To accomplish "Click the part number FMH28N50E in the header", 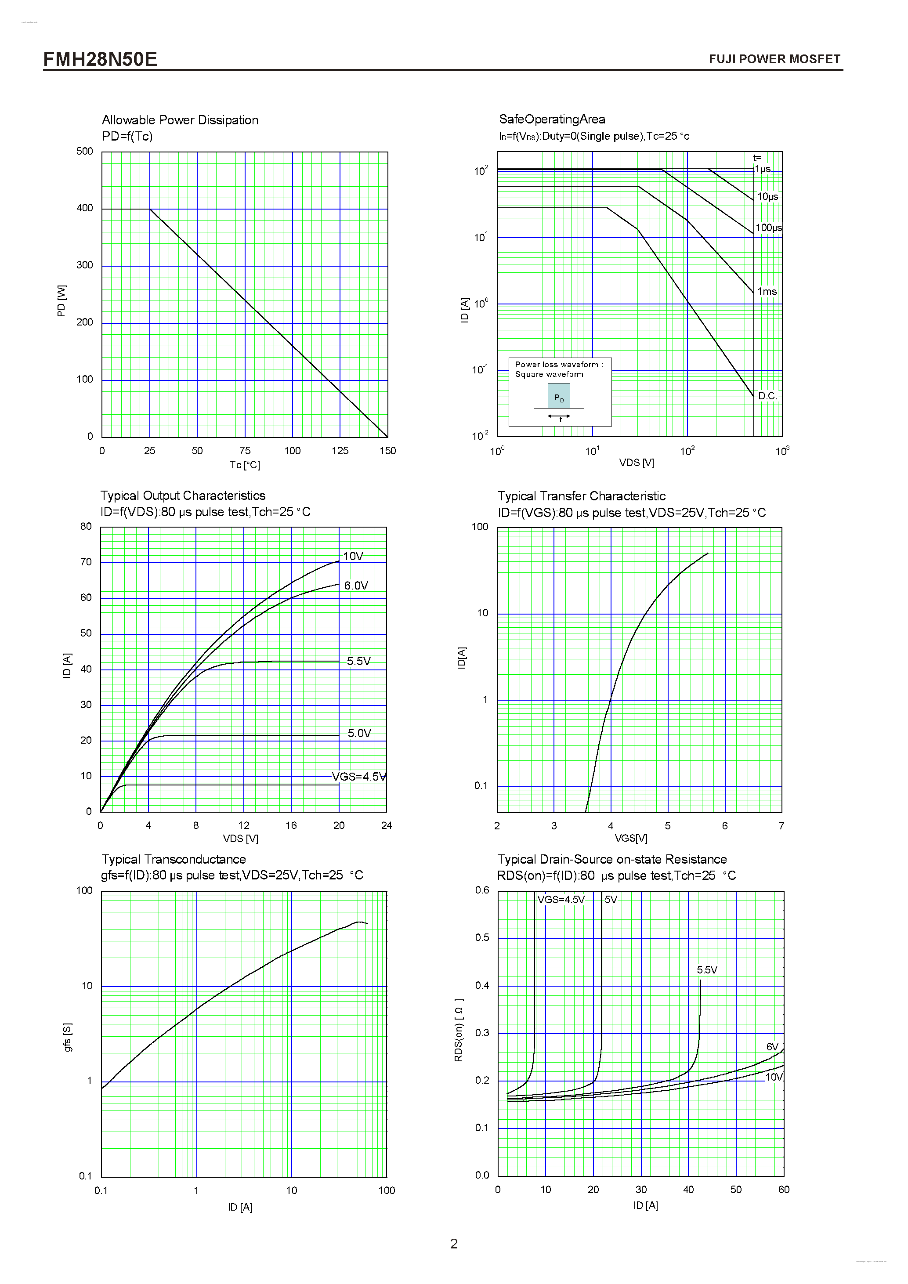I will click(x=100, y=59).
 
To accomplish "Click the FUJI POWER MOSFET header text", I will click(x=774, y=59).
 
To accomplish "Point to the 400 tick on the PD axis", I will click(x=84, y=208).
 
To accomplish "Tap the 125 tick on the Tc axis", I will click(x=340, y=451).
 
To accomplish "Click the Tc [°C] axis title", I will click(x=244, y=465).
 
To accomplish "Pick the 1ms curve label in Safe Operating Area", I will click(x=767, y=291).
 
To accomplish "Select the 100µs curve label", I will click(x=768, y=228).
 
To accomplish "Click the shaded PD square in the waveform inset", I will click(x=559, y=396).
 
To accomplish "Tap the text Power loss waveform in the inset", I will click(x=556, y=365).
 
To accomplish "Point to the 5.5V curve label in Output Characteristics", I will click(x=358, y=661).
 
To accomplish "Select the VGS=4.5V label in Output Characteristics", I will click(x=358, y=777).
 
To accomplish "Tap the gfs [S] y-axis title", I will click(x=68, y=1038).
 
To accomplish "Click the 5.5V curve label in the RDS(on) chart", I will click(x=707, y=970).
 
